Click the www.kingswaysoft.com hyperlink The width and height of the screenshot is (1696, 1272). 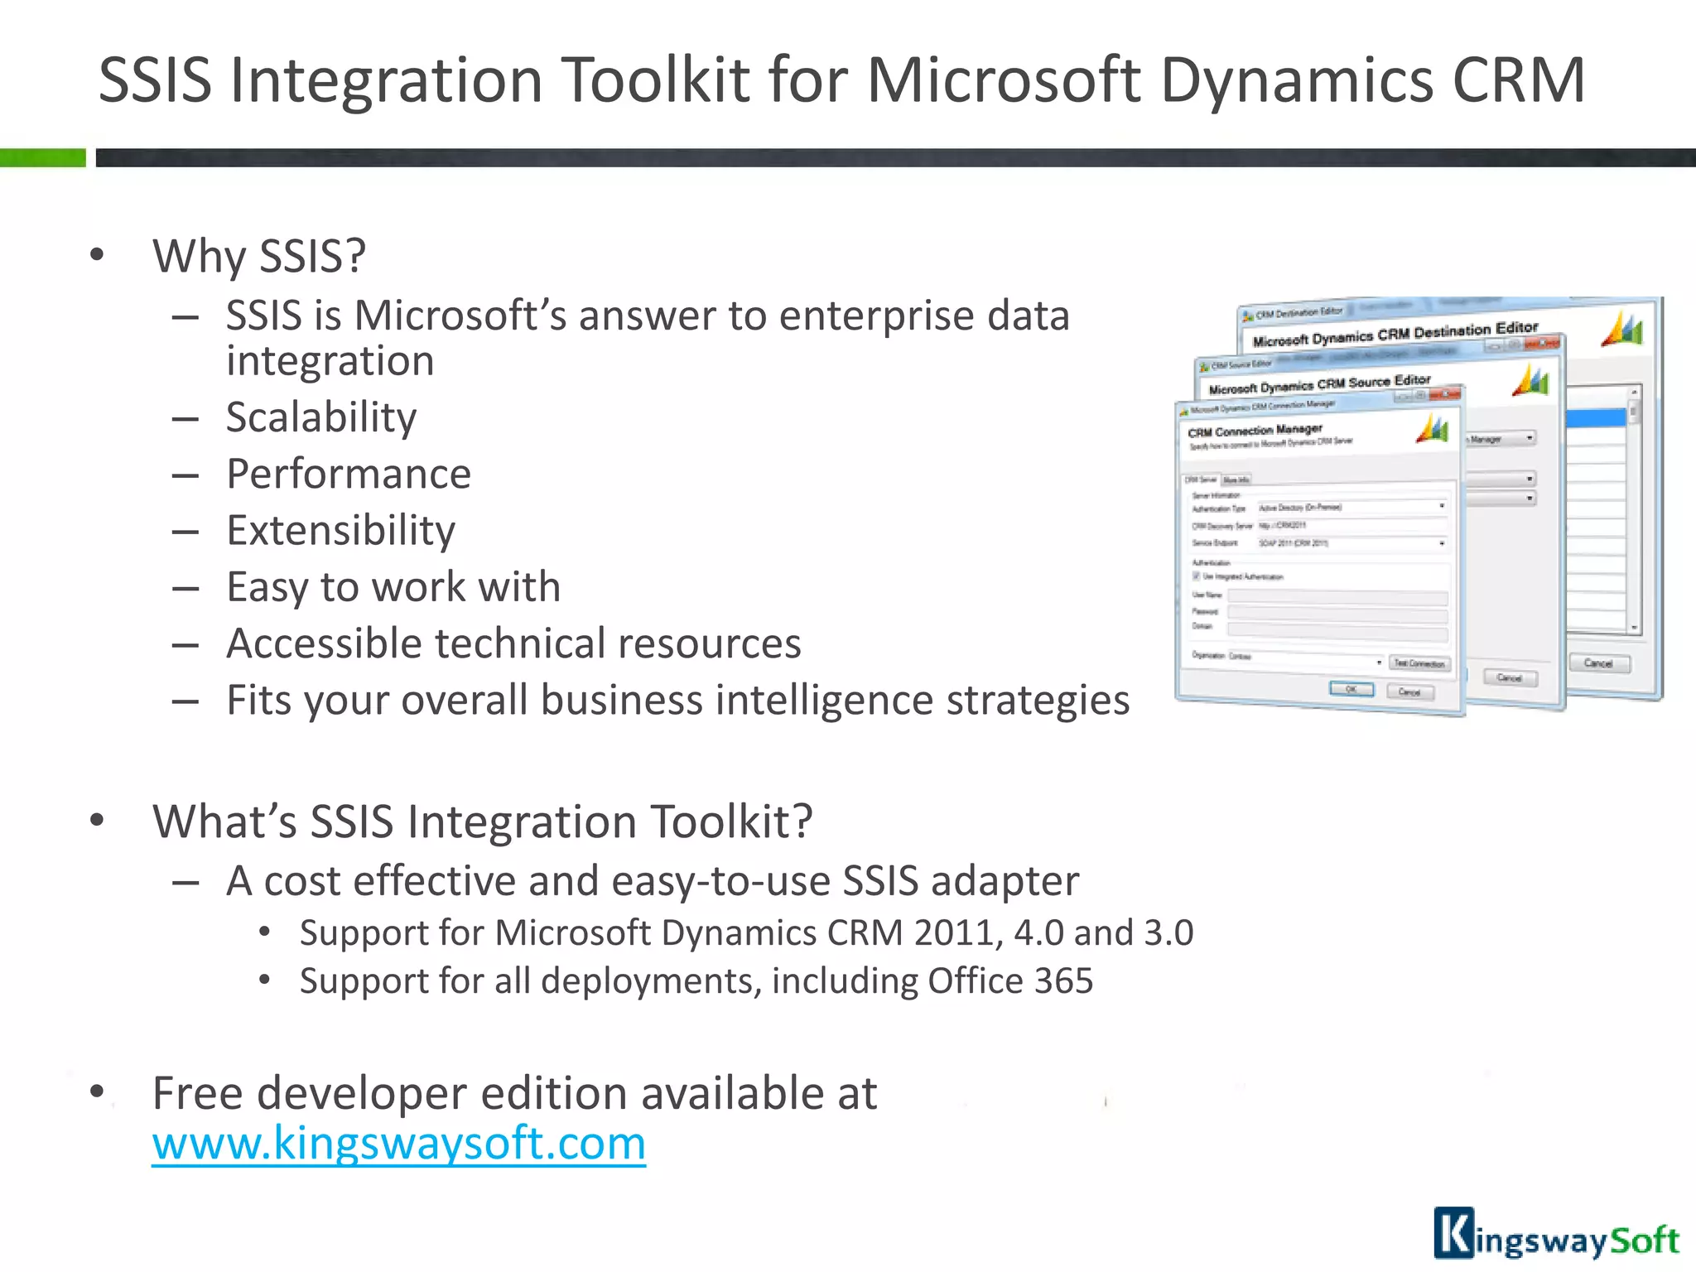click(398, 1144)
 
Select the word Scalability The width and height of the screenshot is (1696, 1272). click(320, 417)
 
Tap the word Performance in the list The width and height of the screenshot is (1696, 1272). click(349, 475)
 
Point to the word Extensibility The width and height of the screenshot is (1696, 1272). click(340, 531)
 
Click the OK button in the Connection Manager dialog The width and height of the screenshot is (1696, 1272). click(1351, 689)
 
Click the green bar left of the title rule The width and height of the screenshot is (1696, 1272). click(42, 157)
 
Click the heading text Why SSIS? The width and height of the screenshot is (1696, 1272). click(258, 256)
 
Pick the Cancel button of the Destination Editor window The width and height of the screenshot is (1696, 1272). click(1598, 663)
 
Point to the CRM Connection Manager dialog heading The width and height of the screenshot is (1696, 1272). click(1255, 431)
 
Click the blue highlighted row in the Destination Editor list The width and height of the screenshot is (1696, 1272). click(1596, 419)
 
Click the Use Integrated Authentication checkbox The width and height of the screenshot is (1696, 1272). click(1196, 576)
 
